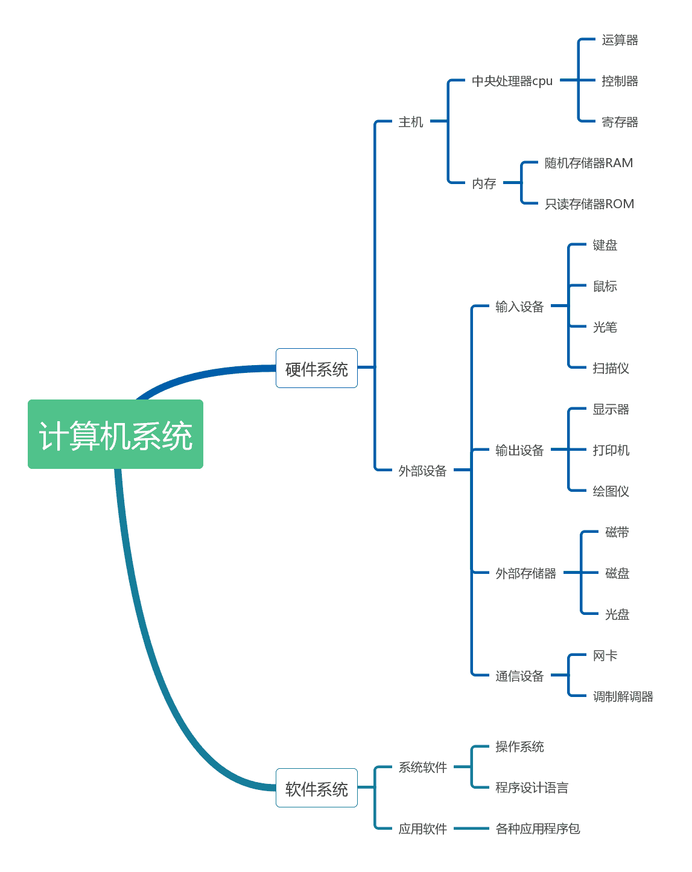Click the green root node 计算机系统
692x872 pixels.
(115, 434)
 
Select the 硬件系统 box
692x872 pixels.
(316, 368)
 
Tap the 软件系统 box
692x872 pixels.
(316, 788)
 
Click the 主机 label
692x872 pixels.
(410, 122)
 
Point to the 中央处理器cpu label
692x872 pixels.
(512, 81)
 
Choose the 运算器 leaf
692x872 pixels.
(620, 40)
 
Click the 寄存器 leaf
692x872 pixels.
(620, 122)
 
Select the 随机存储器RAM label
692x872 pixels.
(588, 163)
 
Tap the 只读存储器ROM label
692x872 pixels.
(589, 204)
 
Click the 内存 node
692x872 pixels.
(484, 183)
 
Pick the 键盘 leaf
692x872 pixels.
(605, 245)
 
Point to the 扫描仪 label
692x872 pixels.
(611, 368)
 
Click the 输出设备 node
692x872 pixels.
(519, 450)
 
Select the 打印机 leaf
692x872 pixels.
(611, 450)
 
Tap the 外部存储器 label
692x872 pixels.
(525, 573)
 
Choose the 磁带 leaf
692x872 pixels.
(617, 532)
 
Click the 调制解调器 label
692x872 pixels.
(623, 696)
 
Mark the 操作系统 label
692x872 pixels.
(519, 746)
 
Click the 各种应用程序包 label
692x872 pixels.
(538, 829)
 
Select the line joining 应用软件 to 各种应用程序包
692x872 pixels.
(471, 829)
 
